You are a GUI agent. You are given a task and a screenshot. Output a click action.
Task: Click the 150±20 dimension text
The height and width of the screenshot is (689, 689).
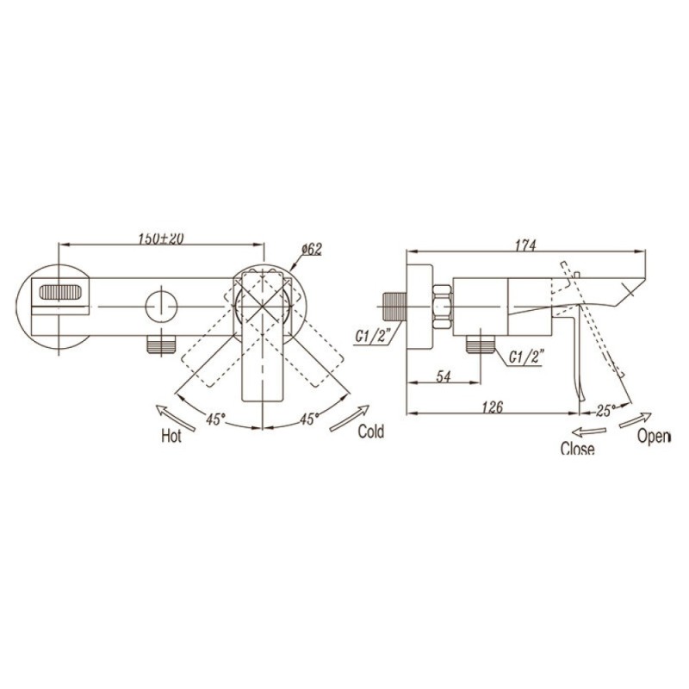[x=161, y=239]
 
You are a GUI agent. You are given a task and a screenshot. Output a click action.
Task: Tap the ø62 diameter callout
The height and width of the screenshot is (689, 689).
[x=312, y=249]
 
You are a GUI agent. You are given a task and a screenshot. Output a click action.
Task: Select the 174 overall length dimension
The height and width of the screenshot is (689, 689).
[x=525, y=245]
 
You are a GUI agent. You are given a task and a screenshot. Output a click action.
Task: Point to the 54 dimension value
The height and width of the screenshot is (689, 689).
[x=444, y=376]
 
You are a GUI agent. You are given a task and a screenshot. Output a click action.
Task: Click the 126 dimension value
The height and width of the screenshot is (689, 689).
[x=492, y=407]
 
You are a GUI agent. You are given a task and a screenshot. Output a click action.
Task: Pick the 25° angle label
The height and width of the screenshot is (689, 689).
[x=606, y=411]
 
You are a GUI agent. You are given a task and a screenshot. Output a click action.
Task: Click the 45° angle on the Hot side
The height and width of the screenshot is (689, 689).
[x=216, y=419]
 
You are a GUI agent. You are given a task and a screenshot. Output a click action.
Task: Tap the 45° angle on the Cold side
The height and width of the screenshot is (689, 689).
[x=308, y=419]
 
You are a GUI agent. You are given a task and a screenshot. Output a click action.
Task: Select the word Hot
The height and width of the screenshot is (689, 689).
[x=171, y=436]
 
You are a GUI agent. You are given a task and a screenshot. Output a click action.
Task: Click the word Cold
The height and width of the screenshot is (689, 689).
[x=371, y=431]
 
